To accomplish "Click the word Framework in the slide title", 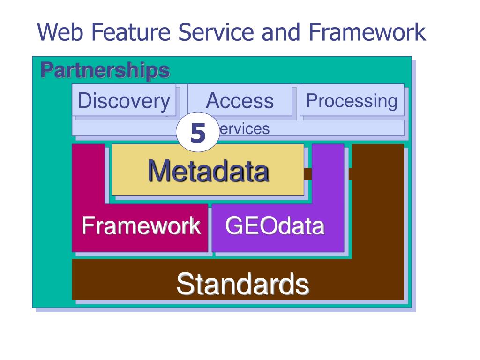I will click(x=367, y=33).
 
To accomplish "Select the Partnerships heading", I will click(x=105, y=70).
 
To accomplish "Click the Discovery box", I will click(x=124, y=100).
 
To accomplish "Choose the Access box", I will click(x=240, y=100).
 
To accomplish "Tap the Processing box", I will click(x=352, y=100).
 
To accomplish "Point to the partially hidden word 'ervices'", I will click(x=244, y=129).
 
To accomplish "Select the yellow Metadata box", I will click(x=208, y=170).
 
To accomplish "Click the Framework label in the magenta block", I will click(x=141, y=226).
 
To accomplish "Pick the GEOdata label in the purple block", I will click(x=275, y=226).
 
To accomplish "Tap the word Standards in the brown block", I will click(x=243, y=284).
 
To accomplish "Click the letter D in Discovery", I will click(x=84, y=101).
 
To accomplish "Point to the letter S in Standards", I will click(x=184, y=284).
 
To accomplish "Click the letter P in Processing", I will click(x=310, y=101).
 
